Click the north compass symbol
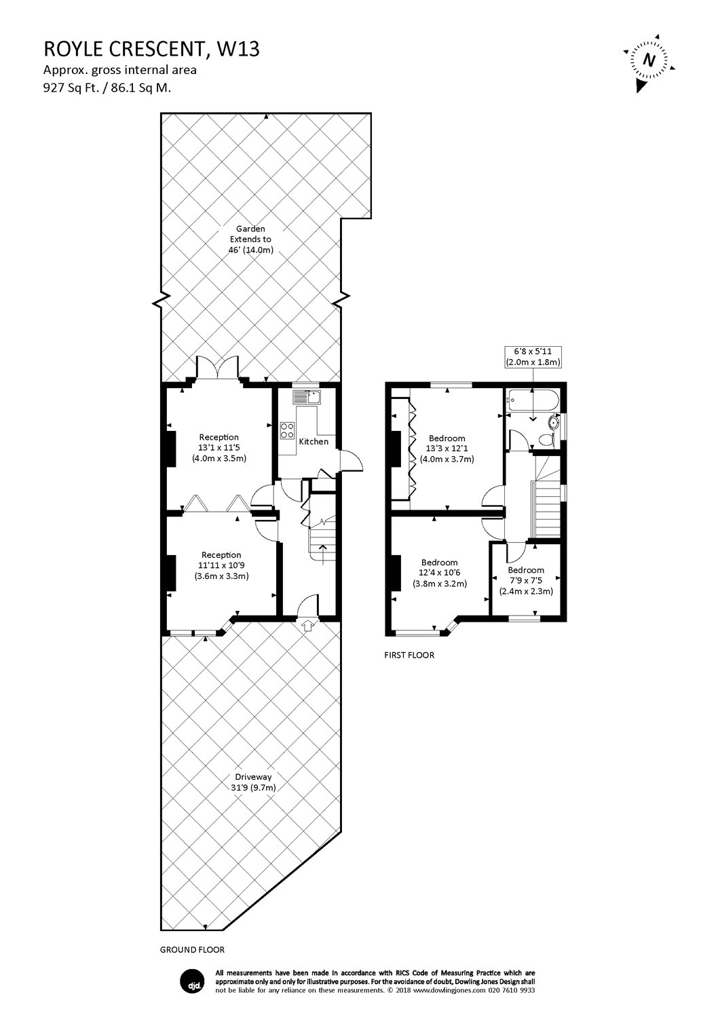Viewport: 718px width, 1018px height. (649, 61)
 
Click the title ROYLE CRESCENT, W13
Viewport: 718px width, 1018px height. (151, 49)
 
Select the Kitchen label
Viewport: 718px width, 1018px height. (314, 442)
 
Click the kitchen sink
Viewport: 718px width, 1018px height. (307, 396)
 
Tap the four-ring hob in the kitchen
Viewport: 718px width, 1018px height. (287, 430)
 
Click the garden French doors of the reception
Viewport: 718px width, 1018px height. (216, 369)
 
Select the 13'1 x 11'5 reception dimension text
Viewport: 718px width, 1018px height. (219, 448)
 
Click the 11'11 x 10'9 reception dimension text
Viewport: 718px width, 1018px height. (219, 565)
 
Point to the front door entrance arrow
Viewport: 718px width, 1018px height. (308, 625)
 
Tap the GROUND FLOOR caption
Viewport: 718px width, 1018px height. (192, 949)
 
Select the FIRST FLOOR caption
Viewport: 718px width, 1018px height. (409, 655)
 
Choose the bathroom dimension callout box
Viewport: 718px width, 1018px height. (533, 357)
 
